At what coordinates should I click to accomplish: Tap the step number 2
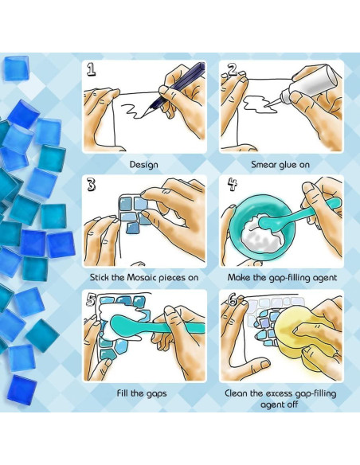click(233, 70)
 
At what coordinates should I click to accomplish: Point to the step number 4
click(233, 186)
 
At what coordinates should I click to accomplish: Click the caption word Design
click(143, 165)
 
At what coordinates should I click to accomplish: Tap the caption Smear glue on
click(282, 165)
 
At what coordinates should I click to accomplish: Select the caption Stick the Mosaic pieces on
click(144, 279)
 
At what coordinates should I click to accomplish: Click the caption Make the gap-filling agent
click(282, 279)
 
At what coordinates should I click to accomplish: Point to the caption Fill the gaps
click(144, 393)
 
